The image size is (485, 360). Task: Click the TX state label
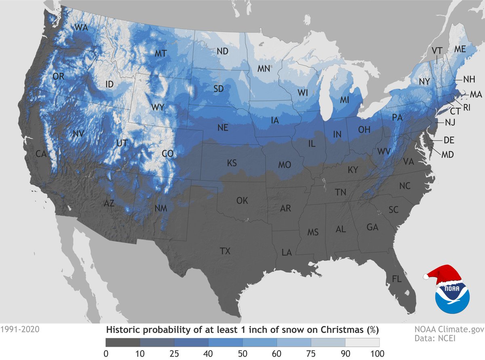point(225,251)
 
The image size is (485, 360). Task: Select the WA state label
point(81,28)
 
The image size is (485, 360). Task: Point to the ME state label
point(460,49)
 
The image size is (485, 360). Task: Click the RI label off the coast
point(467,107)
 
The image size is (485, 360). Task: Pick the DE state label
point(449,140)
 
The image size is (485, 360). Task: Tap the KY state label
point(353,170)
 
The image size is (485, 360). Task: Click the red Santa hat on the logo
point(443,274)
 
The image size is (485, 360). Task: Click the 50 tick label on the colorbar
point(242,354)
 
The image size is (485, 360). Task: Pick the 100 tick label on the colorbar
point(379,354)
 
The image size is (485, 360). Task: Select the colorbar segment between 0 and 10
point(123,342)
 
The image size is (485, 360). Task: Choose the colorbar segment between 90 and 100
point(362,342)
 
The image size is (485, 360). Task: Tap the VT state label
point(436,51)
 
